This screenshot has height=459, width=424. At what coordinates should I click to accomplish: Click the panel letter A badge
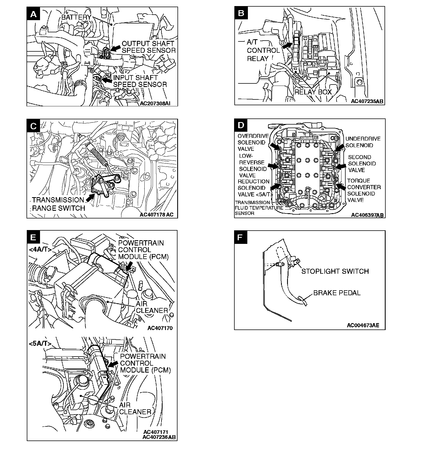(x=33, y=14)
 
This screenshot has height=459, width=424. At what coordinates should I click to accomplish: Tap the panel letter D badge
(x=241, y=125)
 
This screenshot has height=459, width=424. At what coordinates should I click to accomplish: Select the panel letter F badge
(x=241, y=237)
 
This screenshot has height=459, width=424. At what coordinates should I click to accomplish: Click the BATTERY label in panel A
(x=76, y=17)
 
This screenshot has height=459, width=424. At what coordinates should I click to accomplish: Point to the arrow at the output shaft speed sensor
(x=116, y=48)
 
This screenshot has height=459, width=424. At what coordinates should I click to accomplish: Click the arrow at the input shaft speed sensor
(x=107, y=80)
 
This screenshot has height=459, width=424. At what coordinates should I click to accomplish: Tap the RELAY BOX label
(x=313, y=92)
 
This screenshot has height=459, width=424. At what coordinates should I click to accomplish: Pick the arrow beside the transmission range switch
(x=90, y=197)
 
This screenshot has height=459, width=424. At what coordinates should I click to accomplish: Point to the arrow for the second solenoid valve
(x=342, y=166)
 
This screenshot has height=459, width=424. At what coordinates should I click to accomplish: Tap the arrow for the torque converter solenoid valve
(x=341, y=187)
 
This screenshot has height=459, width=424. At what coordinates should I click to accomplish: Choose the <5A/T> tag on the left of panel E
(x=40, y=344)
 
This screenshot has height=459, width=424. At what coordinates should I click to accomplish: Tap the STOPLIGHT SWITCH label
(x=335, y=271)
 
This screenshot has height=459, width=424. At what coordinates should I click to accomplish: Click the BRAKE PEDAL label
(x=337, y=293)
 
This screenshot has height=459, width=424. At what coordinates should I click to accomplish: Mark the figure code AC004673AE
(x=363, y=325)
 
